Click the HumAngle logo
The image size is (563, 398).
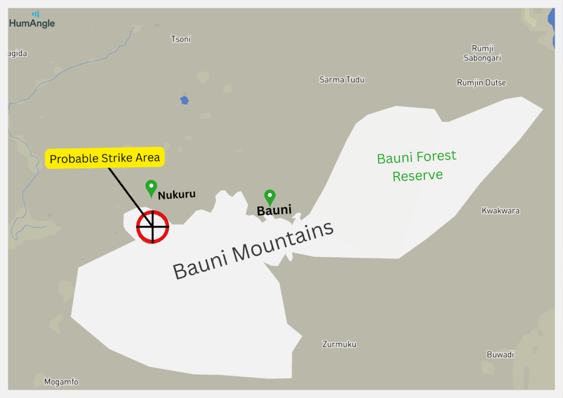click(x=32, y=20)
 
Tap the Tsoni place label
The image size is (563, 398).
click(x=181, y=39)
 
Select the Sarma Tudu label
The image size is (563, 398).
click(x=341, y=80)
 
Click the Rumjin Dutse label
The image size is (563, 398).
click(x=481, y=82)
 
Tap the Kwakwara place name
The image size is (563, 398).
click(x=500, y=211)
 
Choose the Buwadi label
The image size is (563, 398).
click(x=500, y=355)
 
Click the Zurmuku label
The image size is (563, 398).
click(x=339, y=344)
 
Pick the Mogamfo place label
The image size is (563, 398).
click(x=61, y=382)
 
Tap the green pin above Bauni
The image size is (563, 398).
click(x=269, y=197)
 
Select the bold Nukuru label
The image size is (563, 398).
click(x=176, y=195)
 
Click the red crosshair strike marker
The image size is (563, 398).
click(x=152, y=226)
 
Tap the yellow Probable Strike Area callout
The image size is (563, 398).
click(x=104, y=158)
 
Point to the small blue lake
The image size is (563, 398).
click(x=184, y=100)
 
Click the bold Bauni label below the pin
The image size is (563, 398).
click(x=274, y=210)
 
